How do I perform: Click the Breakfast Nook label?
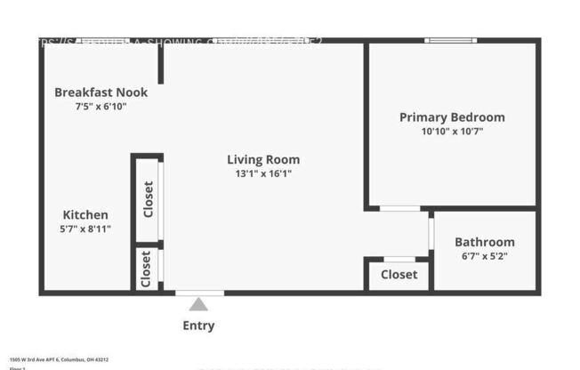tap(101, 92)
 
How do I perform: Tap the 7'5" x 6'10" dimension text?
tap(101, 107)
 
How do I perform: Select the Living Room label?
tap(263, 160)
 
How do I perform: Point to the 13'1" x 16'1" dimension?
tap(263, 174)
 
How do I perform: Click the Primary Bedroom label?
tap(452, 117)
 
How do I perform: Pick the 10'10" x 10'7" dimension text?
tap(452, 132)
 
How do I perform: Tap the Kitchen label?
tap(85, 214)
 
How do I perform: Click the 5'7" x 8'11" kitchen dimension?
tap(85, 229)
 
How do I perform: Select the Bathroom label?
tap(484, 242)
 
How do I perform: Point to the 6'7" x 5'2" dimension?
tap(484, 256)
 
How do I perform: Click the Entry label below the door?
tap(198, 326)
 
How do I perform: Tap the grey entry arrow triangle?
tap(198, 305)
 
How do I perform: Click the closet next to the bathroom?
tap(399, 275)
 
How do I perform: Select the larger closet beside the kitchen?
tap(148, 199)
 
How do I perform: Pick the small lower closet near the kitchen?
tap(146, 268)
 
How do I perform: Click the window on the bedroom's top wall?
tap(449, 40)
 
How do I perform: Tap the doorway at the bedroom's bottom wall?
tap(399, 209)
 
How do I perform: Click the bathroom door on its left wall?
tap(431, 233)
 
